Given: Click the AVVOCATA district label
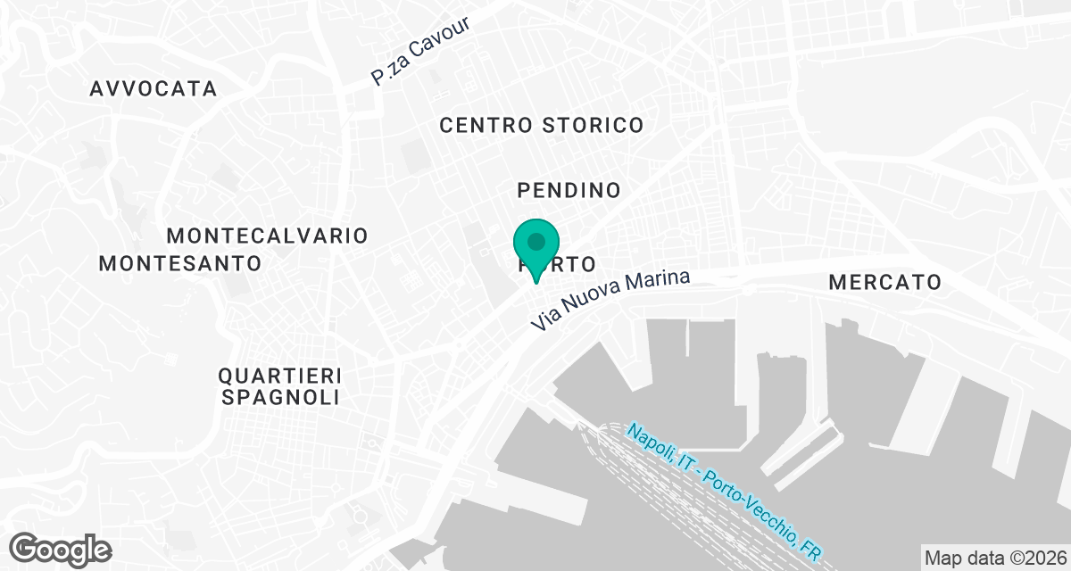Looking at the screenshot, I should coord(153,89).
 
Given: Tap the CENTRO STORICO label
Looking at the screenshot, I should coord(541,125).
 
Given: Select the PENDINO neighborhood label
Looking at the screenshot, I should coord(569,190).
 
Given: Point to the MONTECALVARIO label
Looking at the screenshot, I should coord(268,236).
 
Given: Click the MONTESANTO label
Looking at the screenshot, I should coord(179,263).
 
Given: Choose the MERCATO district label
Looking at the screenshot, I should coord(884,283).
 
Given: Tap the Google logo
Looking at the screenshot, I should coord(60,548).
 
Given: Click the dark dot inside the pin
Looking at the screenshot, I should coord(536,241).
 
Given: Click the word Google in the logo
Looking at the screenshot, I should coord(60,548).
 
